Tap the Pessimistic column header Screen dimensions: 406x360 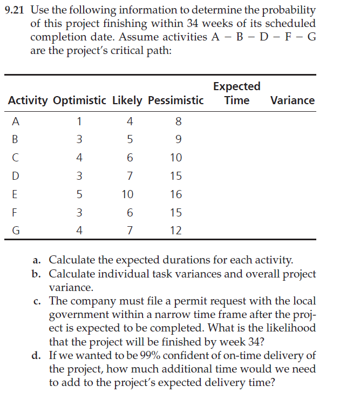coord(175,100)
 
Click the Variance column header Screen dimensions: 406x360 coord(292,100)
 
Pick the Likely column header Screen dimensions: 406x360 coord(127,100)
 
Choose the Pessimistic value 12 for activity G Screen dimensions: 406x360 coord(176,231)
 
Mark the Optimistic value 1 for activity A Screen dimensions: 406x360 coord(79,121)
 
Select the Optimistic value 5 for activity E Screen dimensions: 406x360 coord(79,194)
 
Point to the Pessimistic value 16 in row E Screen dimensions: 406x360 coord(176,194)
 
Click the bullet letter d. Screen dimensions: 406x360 coord(36,355)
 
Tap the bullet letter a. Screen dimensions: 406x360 coord(36,260)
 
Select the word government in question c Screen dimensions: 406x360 coord(78,315)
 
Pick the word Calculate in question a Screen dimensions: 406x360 coord(70,260)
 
